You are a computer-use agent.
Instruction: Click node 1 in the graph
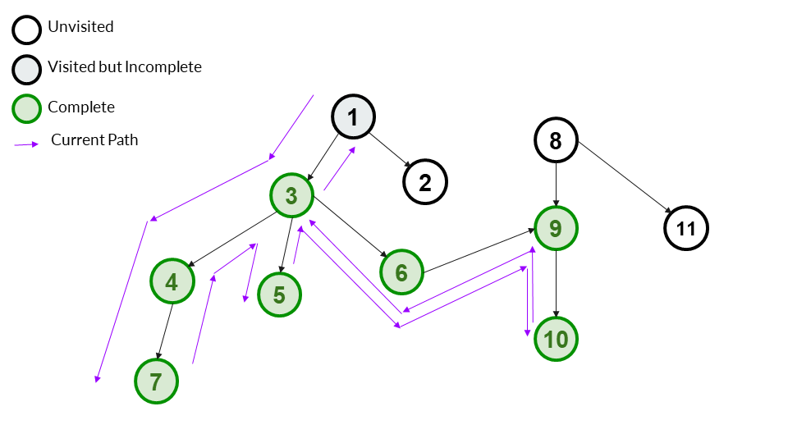353,117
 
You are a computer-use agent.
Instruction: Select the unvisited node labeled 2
424,182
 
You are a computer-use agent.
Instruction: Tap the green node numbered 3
291,195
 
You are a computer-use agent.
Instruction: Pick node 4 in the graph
172,281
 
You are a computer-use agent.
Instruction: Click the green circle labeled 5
279,295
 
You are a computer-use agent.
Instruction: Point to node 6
401,272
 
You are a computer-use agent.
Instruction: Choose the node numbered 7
157,381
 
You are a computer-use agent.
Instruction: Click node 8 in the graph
556,140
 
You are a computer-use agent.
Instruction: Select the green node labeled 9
557,227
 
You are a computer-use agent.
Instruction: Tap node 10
556,339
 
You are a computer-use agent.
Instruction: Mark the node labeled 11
685,229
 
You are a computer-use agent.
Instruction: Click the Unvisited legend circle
26,30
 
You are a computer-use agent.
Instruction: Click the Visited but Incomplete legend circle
26,70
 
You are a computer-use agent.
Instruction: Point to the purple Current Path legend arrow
26,144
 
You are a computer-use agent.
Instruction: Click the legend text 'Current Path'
94,140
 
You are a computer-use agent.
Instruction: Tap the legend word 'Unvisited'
80,27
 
